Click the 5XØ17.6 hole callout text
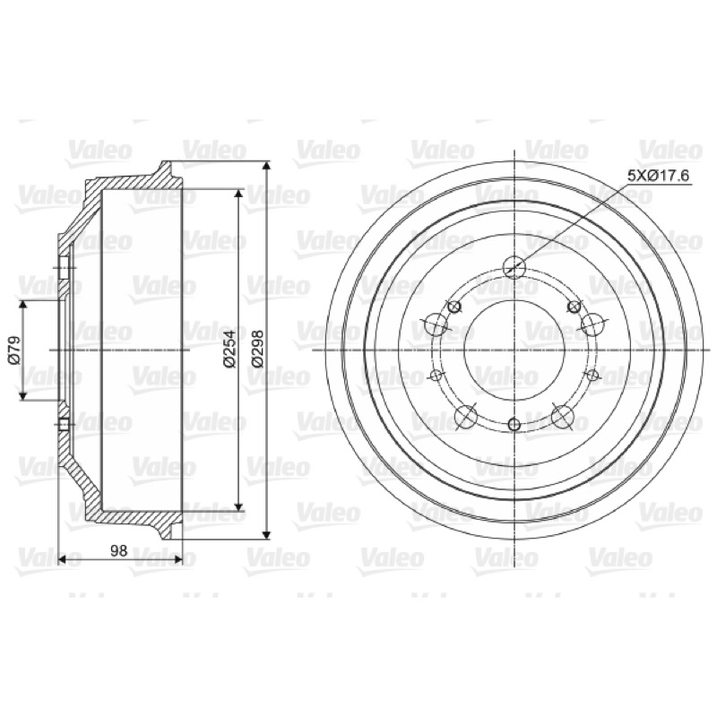pyautogui.click(x=658, y=176)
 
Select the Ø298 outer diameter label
pyautogui.click(x=258, y=349)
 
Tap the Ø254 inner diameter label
pyautogui.click(x=229, y=349)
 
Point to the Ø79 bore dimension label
pyautogui.click(x=14, y=350)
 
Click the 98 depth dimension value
pyautogui.click(x=119, y=551)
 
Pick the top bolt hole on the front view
pyautogui.click(x=514, y=267)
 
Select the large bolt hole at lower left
pyautogui.click(x=466, y=417)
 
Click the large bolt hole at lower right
pyautogui.click(x=562, y=417)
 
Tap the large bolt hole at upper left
pyautogui.click(x=436, y=324)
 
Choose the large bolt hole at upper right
pyautogui.click(x=592, y=324)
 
